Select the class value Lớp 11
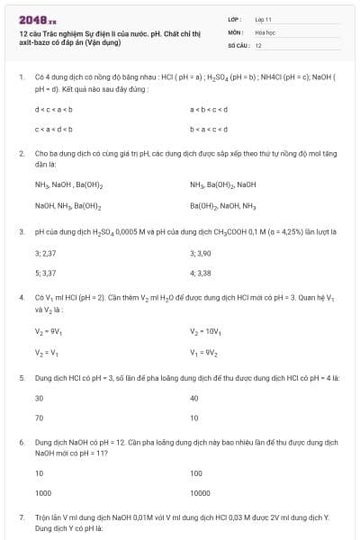tap(263, 18)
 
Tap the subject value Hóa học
tap(264, 31)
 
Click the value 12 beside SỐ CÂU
tap(258, 45)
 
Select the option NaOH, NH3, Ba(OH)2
tap(67, 206)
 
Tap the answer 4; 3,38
tap(201, 272)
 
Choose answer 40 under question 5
tap(194, 398)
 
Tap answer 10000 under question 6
tap(201, 492)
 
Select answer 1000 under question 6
tap(43, 492)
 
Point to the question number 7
tap(21, 517)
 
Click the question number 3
tap(21, 231)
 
